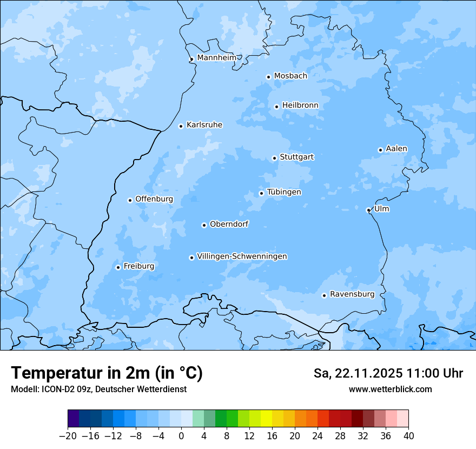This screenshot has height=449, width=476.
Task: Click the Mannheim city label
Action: click(216, 57)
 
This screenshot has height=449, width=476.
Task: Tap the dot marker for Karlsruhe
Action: click(181, 126)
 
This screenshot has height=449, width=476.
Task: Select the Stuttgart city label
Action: click(296, 157)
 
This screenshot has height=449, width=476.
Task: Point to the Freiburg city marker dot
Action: click(118, 267)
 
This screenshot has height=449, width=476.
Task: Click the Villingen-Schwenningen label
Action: click(242, 256)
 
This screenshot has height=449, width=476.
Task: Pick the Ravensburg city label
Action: click(352, 294)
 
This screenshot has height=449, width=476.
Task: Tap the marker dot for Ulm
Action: click(368, 210)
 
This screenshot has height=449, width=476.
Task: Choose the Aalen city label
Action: click(396, 149)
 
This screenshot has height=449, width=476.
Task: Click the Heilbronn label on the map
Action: click(300, 105)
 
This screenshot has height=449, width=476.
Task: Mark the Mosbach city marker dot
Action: click(268, 77)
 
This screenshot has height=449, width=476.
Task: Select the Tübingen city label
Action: click(284, 192)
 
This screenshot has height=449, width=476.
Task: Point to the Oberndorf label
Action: click(229, 224)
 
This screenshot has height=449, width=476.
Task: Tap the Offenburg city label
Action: click(154, 199)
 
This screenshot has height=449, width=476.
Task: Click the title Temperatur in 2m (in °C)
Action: click(107, 373)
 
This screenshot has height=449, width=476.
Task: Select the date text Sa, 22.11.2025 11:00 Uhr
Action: click(388, 373)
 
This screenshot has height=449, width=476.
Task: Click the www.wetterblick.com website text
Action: click(390, 389)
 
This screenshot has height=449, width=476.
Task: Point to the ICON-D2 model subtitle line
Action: click(98, 389)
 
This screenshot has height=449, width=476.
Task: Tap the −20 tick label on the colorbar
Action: click(68, 436)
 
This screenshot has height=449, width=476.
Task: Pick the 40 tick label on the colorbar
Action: click(408, 436)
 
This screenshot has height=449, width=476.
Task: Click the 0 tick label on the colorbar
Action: click(181, 436)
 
